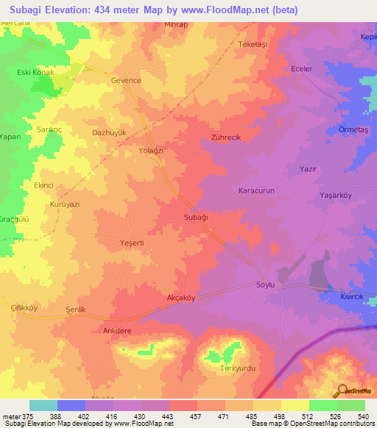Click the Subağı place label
point(197,218)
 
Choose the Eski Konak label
point(35,73)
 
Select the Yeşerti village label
point(116,243)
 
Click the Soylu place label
point(265,285)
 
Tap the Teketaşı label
point(254,44)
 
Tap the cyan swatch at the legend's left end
point(43,405)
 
